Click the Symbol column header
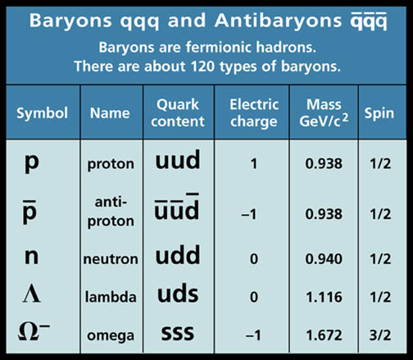(x=42, y=113)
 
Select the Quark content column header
(x=178, y=113)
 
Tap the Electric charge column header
(x=254, y=113)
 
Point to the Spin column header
(x=379, y=113)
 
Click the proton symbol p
(x=32, y=162)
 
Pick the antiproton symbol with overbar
(x=29, y=212)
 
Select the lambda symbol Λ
(x=32, y=295)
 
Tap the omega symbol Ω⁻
(x=34, y=331)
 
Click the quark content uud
(x=178, y=160)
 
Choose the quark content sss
(x=178, y=333)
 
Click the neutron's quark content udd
(x=178, y=255)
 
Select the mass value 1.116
(x=324, y=297)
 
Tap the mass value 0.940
(x=324, y=258)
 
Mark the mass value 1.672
(x=324, y=335)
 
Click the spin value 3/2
(x=380, y=335)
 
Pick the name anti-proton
(x=111, y=212)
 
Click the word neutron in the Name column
(x=111, y=259)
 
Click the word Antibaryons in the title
(x=279, y=21)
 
